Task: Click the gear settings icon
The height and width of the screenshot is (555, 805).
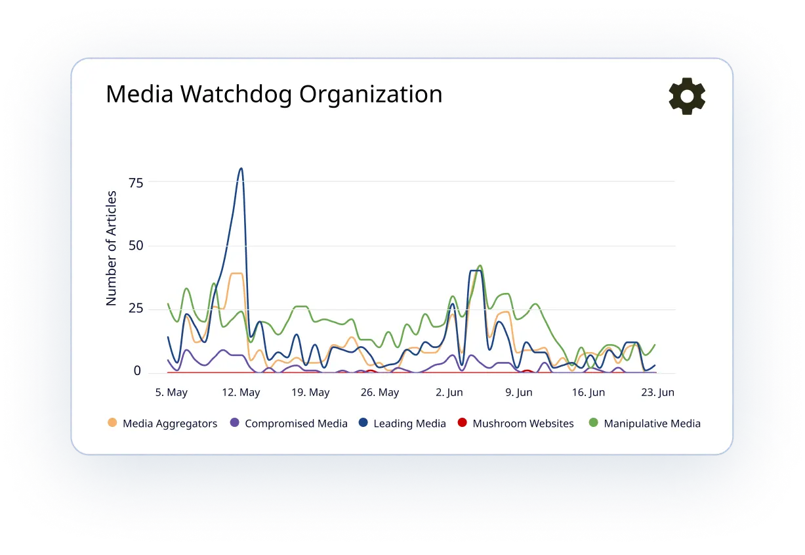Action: [687, 96]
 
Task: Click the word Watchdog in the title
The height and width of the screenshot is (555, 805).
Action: [236, 94]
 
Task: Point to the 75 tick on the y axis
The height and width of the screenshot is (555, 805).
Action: [136, 183]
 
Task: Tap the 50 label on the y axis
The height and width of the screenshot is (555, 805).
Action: [136, 246]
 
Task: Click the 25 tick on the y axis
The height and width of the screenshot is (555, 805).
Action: [136, 308]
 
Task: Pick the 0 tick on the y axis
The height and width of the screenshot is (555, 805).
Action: [137, 370]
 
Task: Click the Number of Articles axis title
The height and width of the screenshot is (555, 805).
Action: [111, 248]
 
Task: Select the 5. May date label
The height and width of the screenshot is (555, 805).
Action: [171, 392]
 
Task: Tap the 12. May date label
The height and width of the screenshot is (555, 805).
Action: [241, 392]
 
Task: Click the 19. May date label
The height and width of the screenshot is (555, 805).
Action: [310, 392]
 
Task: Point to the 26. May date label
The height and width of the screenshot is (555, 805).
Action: [379, 392]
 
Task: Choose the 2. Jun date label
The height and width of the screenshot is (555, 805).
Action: [449, 392]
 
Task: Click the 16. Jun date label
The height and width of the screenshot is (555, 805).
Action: [588, 392]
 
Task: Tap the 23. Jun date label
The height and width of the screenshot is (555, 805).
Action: [657, 392]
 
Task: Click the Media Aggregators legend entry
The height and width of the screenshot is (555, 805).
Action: [163, 424]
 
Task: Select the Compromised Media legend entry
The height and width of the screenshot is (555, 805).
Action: [289, 424]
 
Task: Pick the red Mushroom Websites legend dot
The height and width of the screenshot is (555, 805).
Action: [462, 422]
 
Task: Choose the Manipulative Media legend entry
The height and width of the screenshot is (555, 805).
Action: [645, 424]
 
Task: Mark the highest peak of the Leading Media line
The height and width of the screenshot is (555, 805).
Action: [241, 168]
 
